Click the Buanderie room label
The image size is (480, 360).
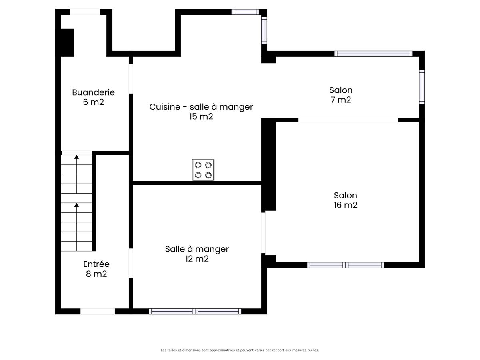(93, 92)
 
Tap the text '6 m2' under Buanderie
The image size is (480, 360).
(93, 102)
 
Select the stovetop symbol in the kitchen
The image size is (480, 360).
(203, 170)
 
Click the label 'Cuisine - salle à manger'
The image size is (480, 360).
(201, 107)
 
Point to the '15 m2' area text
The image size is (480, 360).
(201, 116)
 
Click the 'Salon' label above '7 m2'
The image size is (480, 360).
(341, 90)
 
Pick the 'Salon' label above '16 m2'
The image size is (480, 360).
(345, 196)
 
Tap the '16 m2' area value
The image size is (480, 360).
(345, 205)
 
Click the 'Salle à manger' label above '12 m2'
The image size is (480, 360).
(197, 249)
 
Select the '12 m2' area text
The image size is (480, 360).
(197, 259)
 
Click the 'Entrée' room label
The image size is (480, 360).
(96, 264)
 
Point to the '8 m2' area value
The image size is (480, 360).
(96, 274)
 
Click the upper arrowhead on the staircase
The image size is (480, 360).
(76, 157)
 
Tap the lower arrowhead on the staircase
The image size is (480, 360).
(76, 205)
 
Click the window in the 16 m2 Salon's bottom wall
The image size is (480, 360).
(345, 265)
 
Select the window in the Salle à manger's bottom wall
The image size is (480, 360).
(195, 312)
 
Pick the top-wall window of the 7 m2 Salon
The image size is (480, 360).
(374, 54)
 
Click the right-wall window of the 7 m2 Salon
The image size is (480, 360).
(422, 87)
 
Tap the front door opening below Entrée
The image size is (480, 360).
(98, 312)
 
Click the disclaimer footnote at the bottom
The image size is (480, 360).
(240, 350)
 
